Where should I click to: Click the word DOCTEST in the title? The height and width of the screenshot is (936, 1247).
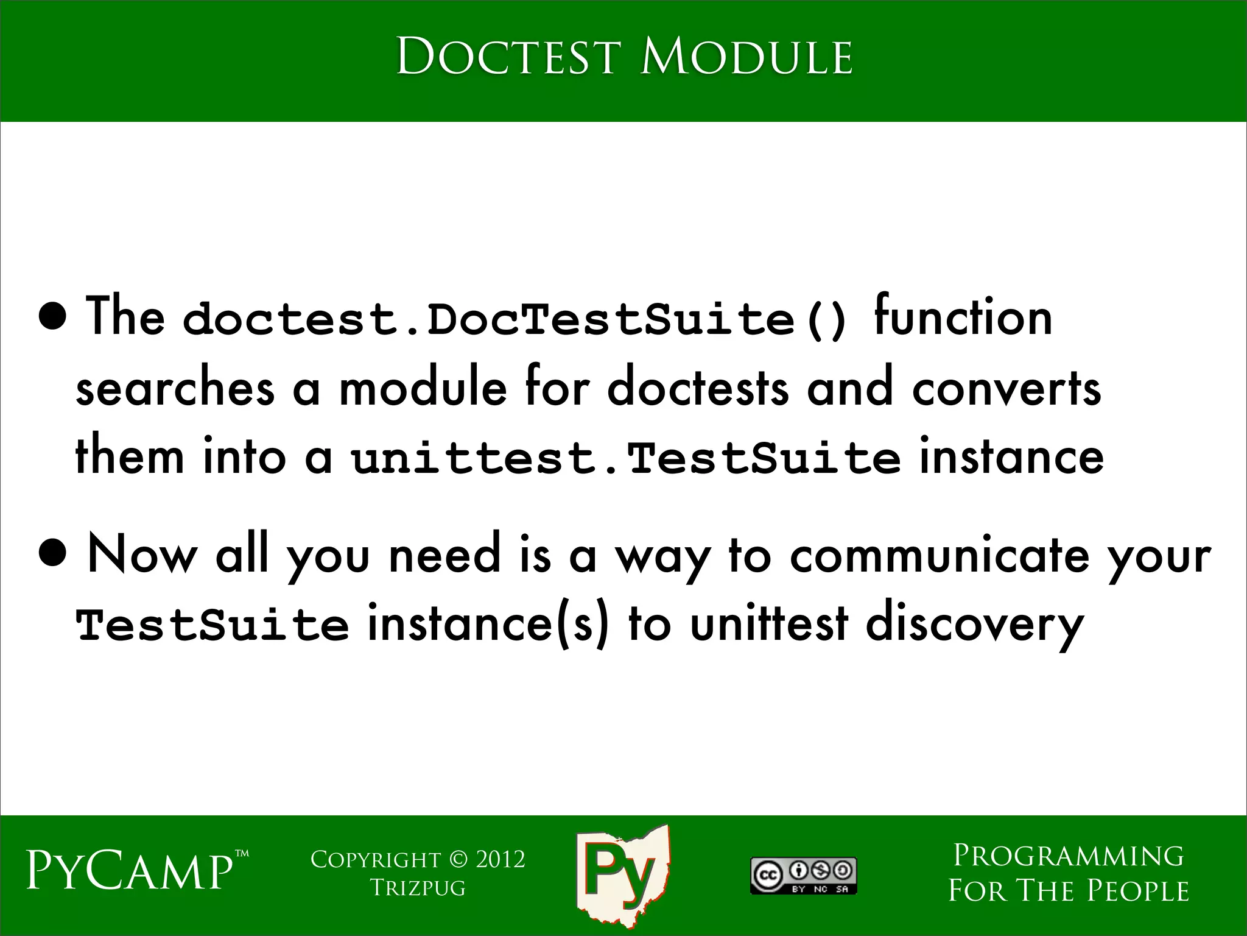(508, 57)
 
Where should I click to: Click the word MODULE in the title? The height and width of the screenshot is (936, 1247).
(746, 57)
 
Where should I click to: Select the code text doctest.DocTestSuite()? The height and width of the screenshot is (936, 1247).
(515, 319)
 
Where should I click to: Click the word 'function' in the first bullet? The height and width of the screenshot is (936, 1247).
(963, 317)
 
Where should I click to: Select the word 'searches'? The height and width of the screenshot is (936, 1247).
(175, 389)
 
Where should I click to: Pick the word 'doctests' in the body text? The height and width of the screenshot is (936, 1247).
(698, 388)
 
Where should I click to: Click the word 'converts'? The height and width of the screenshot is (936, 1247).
(1006, 389)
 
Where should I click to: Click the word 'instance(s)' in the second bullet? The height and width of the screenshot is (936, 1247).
(488, 624)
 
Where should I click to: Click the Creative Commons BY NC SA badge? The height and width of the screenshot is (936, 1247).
(803, 876)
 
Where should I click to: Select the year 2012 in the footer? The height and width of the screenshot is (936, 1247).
(500, 859)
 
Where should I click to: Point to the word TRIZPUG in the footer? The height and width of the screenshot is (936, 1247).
(418, 888)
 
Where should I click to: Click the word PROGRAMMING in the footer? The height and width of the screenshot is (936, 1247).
(1068, 856)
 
